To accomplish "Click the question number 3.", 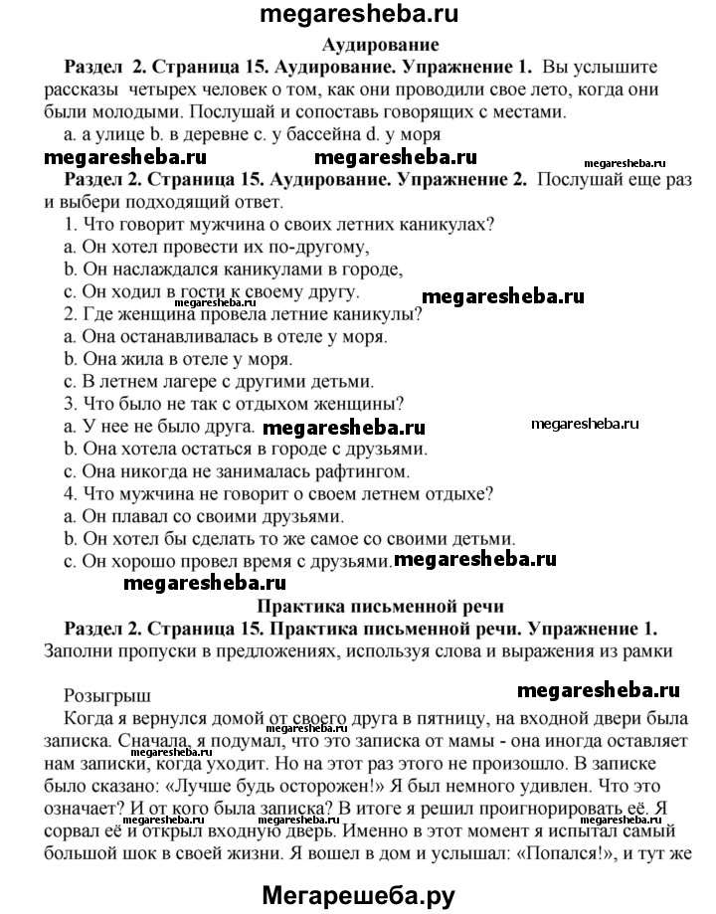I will pos(69,403).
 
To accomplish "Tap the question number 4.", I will pos(69,494).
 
